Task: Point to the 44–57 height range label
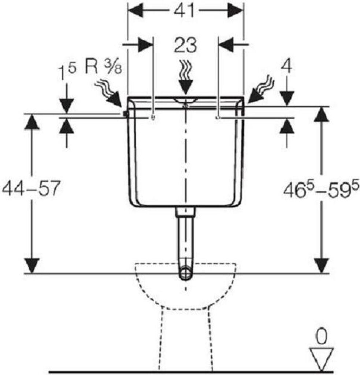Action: coord(30,189)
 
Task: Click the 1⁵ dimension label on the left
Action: coord(67,71)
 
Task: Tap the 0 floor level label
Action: coord(321,337)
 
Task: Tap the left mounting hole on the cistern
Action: coord(153,117)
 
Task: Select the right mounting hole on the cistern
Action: coord(218,117)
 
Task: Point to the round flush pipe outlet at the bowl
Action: coord(185,273)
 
